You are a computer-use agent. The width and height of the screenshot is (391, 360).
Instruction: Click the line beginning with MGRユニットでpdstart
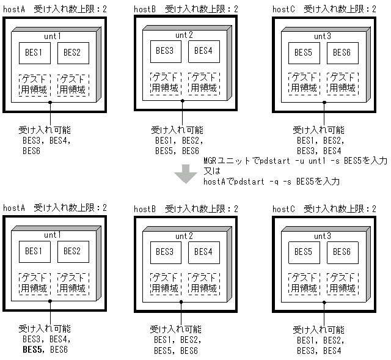point(295,161)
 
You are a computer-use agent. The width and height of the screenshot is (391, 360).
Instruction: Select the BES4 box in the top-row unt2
point(202,51)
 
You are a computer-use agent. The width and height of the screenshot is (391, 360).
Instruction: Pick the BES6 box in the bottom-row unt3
point(339,251)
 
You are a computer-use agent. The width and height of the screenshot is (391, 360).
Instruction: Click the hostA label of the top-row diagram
point(13,9)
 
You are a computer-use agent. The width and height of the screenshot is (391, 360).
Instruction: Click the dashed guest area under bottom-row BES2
point(73,282)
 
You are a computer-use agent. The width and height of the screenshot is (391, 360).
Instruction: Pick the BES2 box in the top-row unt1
point(73,53)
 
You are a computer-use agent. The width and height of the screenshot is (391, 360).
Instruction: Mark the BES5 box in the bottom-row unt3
point(304,251)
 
